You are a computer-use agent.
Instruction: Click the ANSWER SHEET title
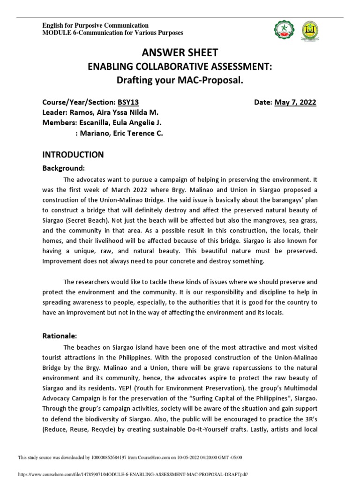coord(180,52)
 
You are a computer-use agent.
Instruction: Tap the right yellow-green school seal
coord(309,30)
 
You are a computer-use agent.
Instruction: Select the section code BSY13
coord(128,102)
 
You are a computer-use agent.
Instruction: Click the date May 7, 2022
coord(295,102)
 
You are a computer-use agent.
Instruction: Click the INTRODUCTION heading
coord(73,154)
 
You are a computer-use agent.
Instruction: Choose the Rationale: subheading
coord(62,336)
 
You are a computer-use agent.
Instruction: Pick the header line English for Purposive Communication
coord(96,25)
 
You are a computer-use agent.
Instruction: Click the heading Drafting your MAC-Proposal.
coord(180,80)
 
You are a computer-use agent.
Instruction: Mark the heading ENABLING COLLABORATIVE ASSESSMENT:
coord(180,67)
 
